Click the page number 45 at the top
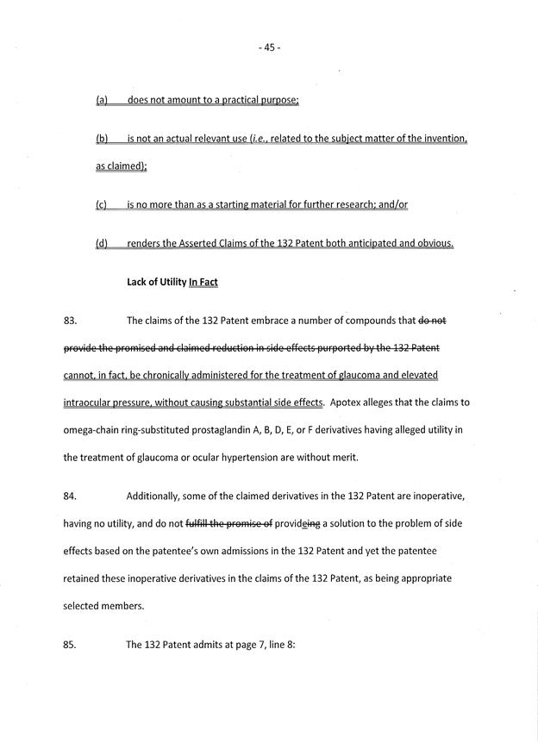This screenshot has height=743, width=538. [269, 48]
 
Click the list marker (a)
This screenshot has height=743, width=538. [101, 101]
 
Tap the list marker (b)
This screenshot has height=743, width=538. [101, 139]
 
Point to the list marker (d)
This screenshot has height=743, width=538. [101, 243]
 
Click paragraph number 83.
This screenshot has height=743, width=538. [71, 322]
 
